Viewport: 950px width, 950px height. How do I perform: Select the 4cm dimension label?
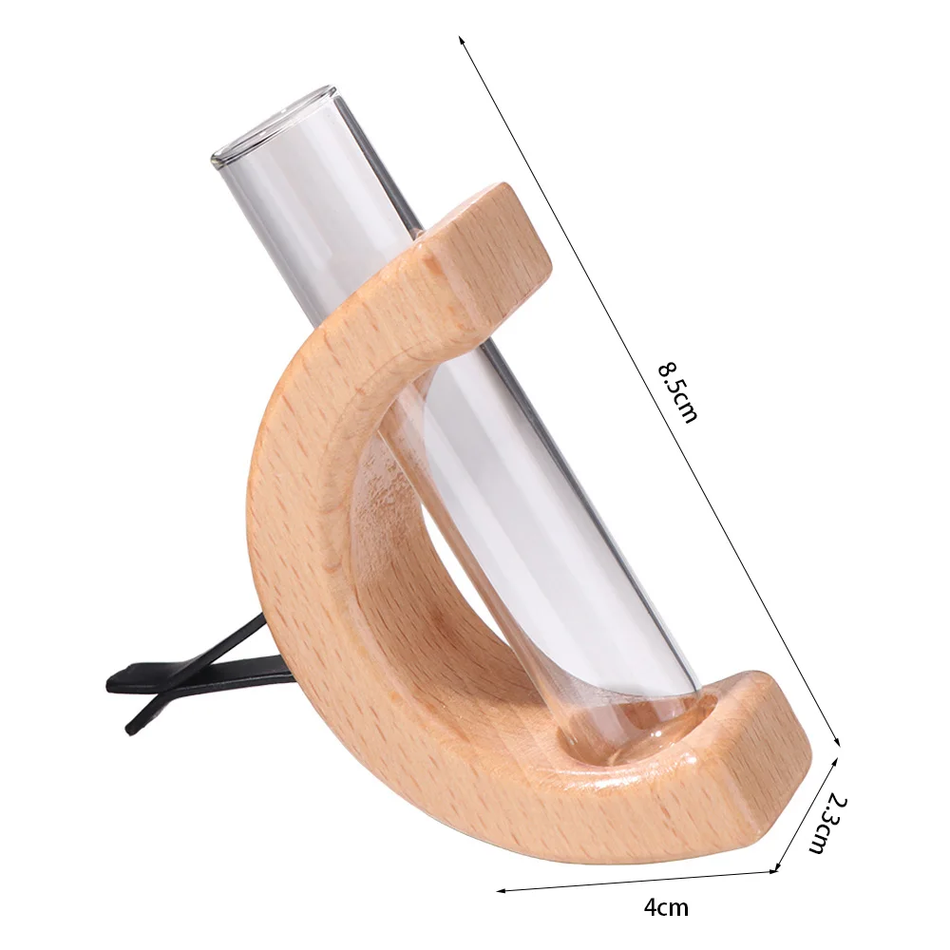(x=666, y=908)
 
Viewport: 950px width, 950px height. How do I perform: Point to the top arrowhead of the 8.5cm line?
(x=462, y=40)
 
